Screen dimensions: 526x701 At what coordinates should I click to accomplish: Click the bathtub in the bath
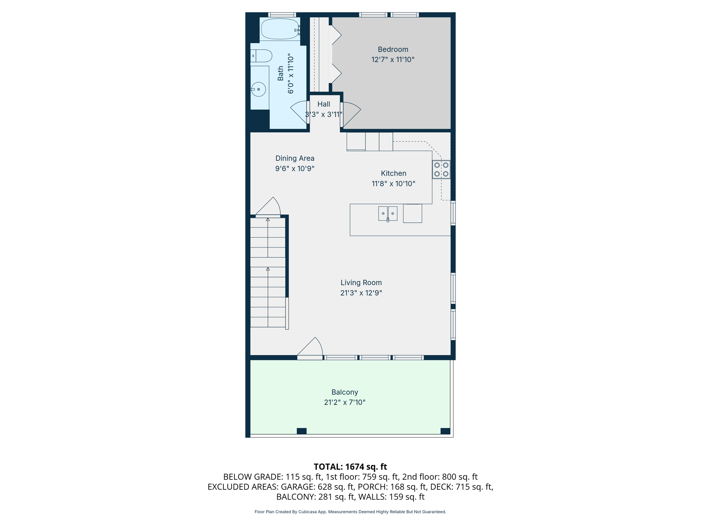280,29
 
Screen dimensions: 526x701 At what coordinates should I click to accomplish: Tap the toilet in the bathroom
262,55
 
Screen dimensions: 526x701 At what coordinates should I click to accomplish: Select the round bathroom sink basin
259,89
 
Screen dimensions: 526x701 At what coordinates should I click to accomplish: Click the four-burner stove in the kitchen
441,169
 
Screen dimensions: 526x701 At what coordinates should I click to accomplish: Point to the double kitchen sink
387,213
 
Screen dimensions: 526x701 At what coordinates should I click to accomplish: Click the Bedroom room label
393,49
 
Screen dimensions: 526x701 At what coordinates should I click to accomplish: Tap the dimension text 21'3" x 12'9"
361,293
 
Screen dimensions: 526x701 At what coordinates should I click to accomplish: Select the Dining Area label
295,158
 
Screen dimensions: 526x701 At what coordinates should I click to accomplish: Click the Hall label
323,104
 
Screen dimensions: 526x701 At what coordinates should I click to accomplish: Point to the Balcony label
344,392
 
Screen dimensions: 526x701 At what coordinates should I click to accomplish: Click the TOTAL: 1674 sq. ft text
350,467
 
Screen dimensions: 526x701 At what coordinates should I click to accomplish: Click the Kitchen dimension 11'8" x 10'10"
393,184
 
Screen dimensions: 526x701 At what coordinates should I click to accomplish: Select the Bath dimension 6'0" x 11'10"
291,73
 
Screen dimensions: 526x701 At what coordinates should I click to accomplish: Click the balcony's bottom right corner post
445,431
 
